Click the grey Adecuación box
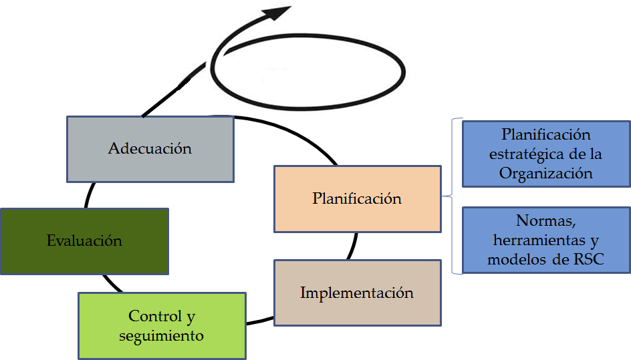tap(150, 149)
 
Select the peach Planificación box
tap(357, 199)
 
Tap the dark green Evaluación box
tap(84, 240)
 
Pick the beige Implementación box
tap(357, 293)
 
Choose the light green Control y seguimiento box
tap(161, 325)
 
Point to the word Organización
tap(545, 173)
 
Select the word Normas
tap(545, 221)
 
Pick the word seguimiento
tap(161, 335)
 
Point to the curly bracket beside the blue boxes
tap(455, 197)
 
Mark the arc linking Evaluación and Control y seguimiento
tap(110, 283)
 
